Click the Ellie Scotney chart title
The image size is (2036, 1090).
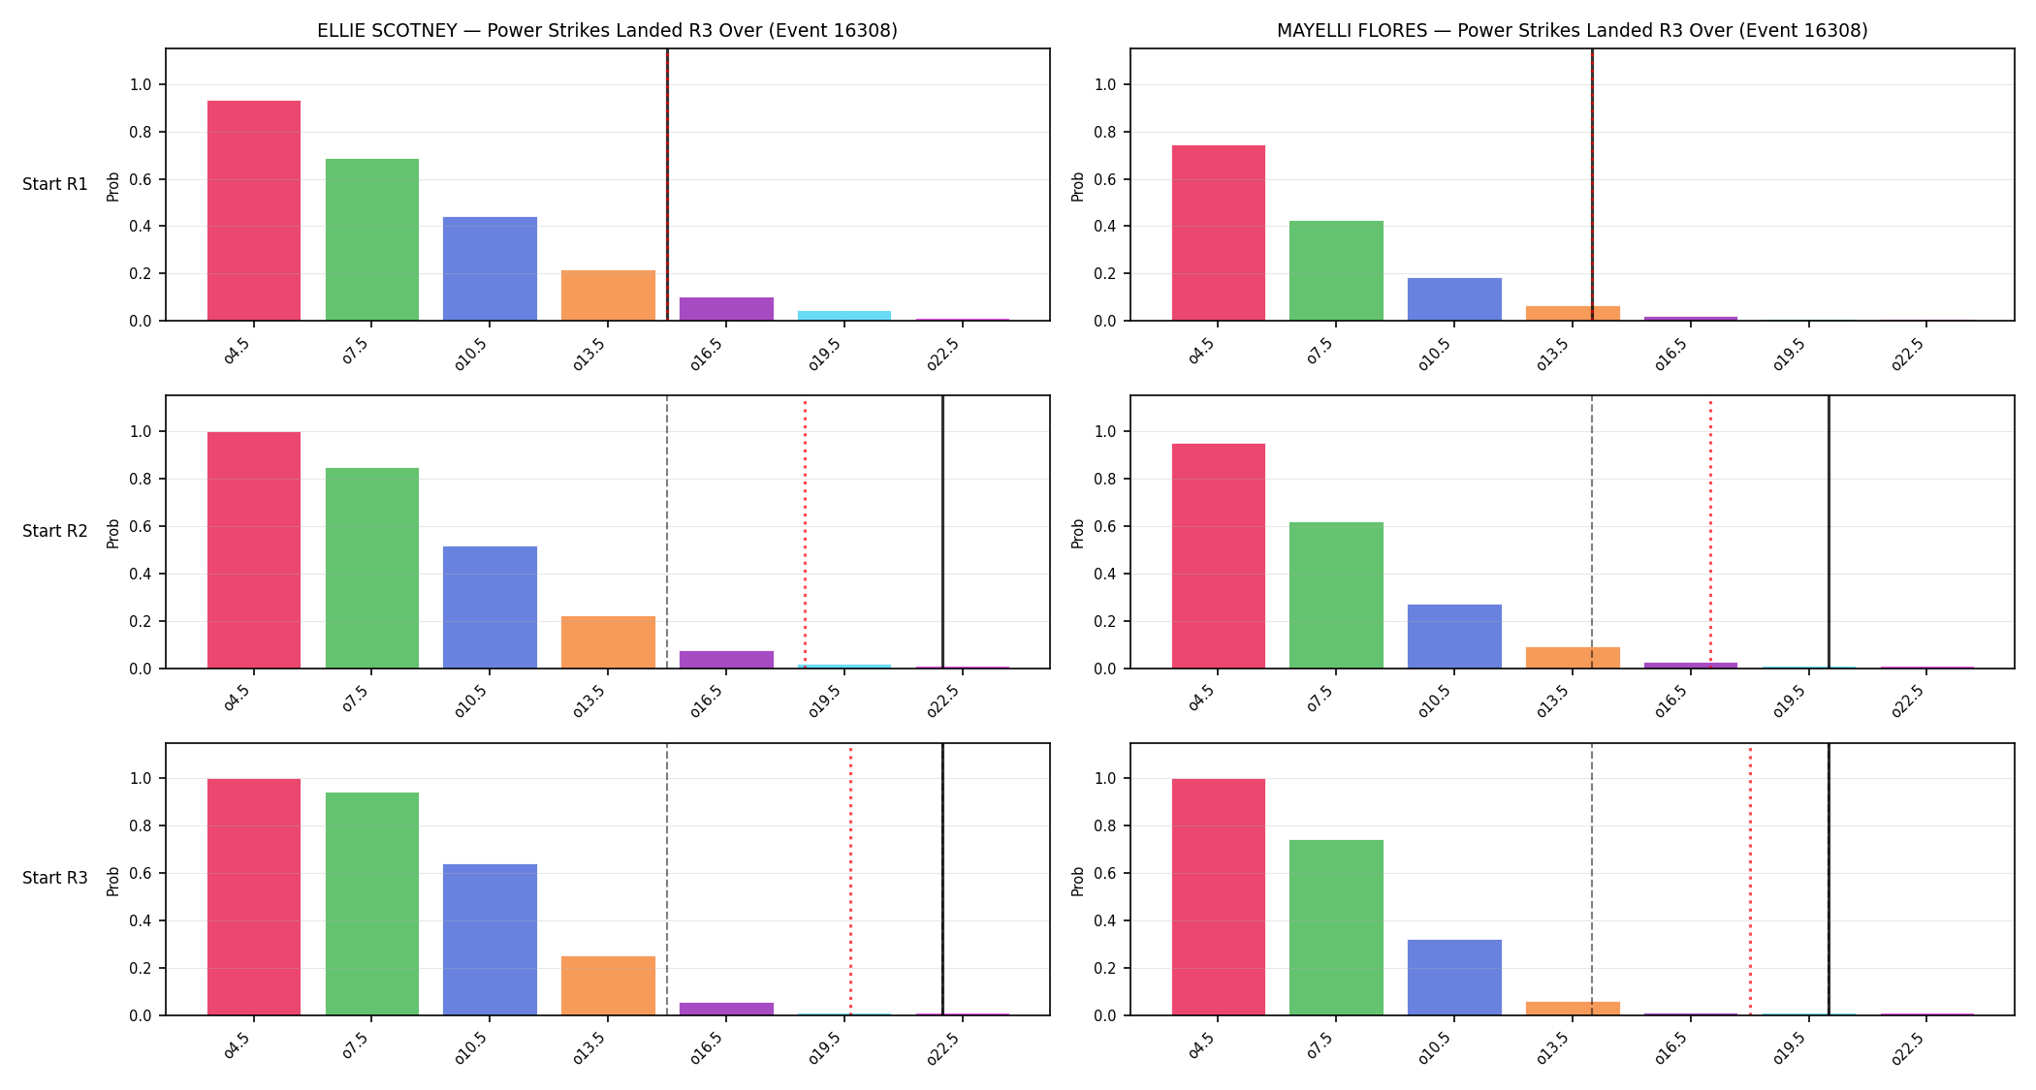[607, 30]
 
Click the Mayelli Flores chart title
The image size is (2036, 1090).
[1572, 30]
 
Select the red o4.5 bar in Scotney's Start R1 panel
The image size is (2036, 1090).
[254, 210]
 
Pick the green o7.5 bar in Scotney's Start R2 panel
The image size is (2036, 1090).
[372, 568]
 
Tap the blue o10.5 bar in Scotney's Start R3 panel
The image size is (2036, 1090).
[490, 940]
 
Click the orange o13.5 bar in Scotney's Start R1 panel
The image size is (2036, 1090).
[608, 296]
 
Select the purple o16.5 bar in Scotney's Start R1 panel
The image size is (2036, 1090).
[726, 309]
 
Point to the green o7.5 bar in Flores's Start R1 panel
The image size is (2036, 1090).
[1336, 270]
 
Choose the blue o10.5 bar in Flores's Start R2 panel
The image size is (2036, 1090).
[1454, 637]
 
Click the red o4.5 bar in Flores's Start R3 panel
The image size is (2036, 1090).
[1219, 897]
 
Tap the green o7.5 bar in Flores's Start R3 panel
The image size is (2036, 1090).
[1336, 927]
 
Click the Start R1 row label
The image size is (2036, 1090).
[55, 184]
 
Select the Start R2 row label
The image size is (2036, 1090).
[55, 531]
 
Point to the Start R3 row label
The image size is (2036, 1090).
[55, 878]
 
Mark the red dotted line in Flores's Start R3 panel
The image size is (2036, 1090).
[1750, 880]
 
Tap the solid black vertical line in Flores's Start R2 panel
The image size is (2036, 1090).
[1829, 532]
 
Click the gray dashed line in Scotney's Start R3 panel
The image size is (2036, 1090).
[667, 880]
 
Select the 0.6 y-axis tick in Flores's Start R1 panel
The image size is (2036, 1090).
[1105, 179]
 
